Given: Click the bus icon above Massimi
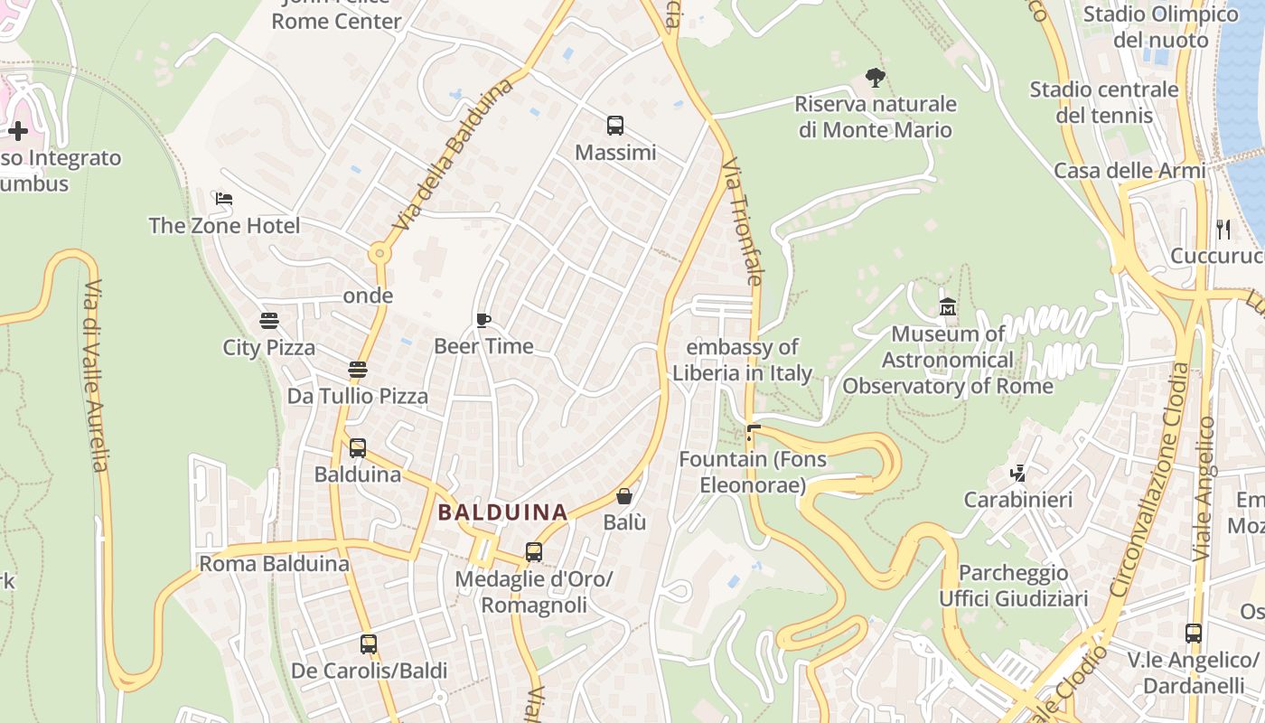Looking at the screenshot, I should (x=615, y=126).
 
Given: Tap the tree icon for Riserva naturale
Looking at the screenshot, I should (x=875, y=78).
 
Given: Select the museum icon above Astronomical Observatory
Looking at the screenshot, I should (x=948, y=307).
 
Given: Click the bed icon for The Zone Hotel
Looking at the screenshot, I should (x=224, y=199).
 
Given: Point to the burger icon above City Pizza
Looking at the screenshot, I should (x=268, y=321).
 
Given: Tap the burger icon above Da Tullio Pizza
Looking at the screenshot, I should (x=358, y=370).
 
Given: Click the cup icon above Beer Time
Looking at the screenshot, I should (x=483, y=320).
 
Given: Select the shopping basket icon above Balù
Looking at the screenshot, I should (x=624, y=496).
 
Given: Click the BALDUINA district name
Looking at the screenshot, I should (x=502, y=512).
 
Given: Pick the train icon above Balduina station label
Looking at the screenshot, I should (x=358, y=447).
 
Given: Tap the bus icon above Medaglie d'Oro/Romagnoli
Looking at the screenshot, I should (x=534, y=551).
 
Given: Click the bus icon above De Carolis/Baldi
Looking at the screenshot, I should (x=369, y=644).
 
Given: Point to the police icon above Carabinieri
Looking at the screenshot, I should (x=1018, y=473).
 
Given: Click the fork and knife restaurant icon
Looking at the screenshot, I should (x=1223, y=230).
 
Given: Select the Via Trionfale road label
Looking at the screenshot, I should (x=742, y=222).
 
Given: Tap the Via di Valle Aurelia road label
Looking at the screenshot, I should (x=95, y=375).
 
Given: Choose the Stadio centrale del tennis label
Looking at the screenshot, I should (x=1104, y=102).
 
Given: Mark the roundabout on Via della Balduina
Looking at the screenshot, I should (x=379, y=255).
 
